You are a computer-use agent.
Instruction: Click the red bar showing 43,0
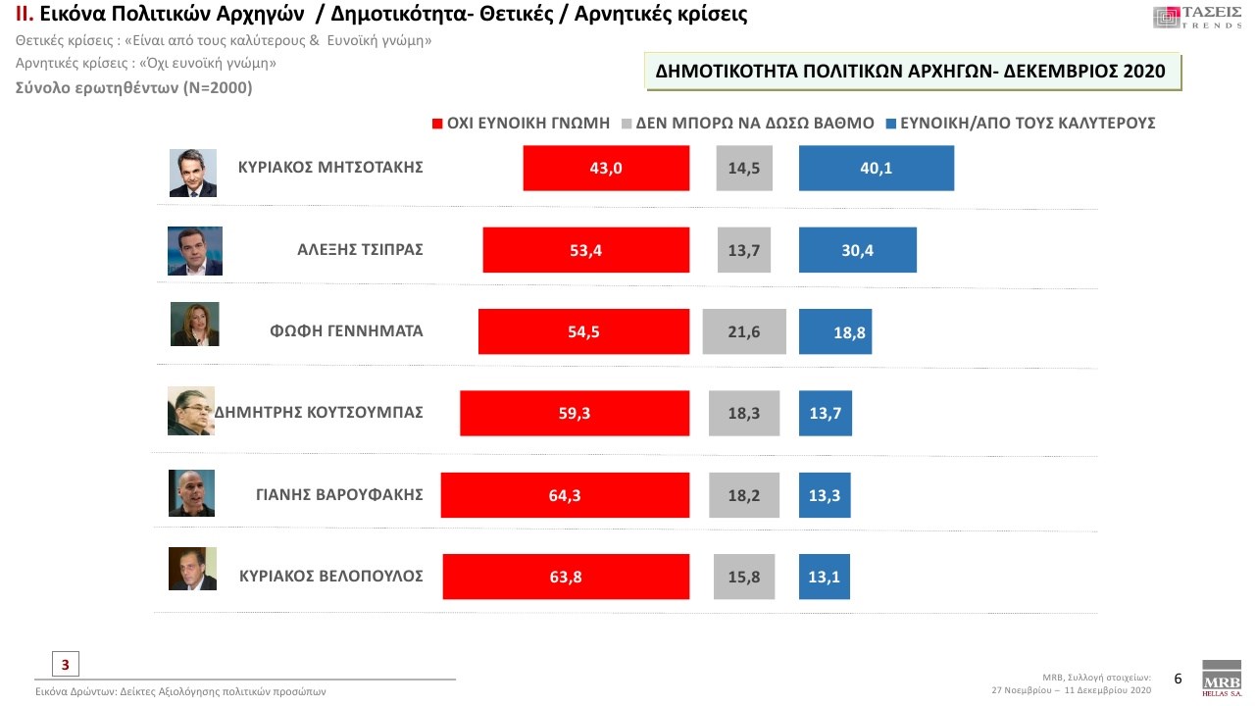pos(606,168)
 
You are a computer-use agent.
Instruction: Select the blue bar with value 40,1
pos(876,168)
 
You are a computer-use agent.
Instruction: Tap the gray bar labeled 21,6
pos(744,331)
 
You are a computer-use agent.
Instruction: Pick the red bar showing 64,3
pos(565,495)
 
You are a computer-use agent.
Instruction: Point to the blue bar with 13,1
pos(824,577)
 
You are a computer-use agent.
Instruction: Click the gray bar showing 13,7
pos(744,250)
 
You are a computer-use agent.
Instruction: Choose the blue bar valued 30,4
pos(857,250)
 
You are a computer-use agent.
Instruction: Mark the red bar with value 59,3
pos(575,413)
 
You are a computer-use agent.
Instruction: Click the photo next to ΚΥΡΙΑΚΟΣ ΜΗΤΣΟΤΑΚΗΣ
pos(192,173)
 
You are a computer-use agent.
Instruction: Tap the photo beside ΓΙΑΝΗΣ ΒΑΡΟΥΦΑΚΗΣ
pos(190,493)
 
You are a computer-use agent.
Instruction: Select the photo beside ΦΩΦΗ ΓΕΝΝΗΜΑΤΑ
pos(194,324)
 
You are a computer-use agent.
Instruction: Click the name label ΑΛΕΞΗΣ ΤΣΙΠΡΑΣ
pos(360,249)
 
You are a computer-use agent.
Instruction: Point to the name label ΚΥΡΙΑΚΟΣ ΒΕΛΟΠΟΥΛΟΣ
pos(331,576)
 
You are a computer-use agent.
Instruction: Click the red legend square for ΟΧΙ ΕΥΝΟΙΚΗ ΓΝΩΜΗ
pos(437,124)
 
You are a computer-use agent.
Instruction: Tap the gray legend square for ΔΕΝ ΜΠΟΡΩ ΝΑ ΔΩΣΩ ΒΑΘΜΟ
pos(627,124)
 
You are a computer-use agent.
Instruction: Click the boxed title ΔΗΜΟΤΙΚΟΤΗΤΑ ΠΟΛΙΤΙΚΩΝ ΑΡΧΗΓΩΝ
pos(911,72)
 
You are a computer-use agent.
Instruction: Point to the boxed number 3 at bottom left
pos(65,664)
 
